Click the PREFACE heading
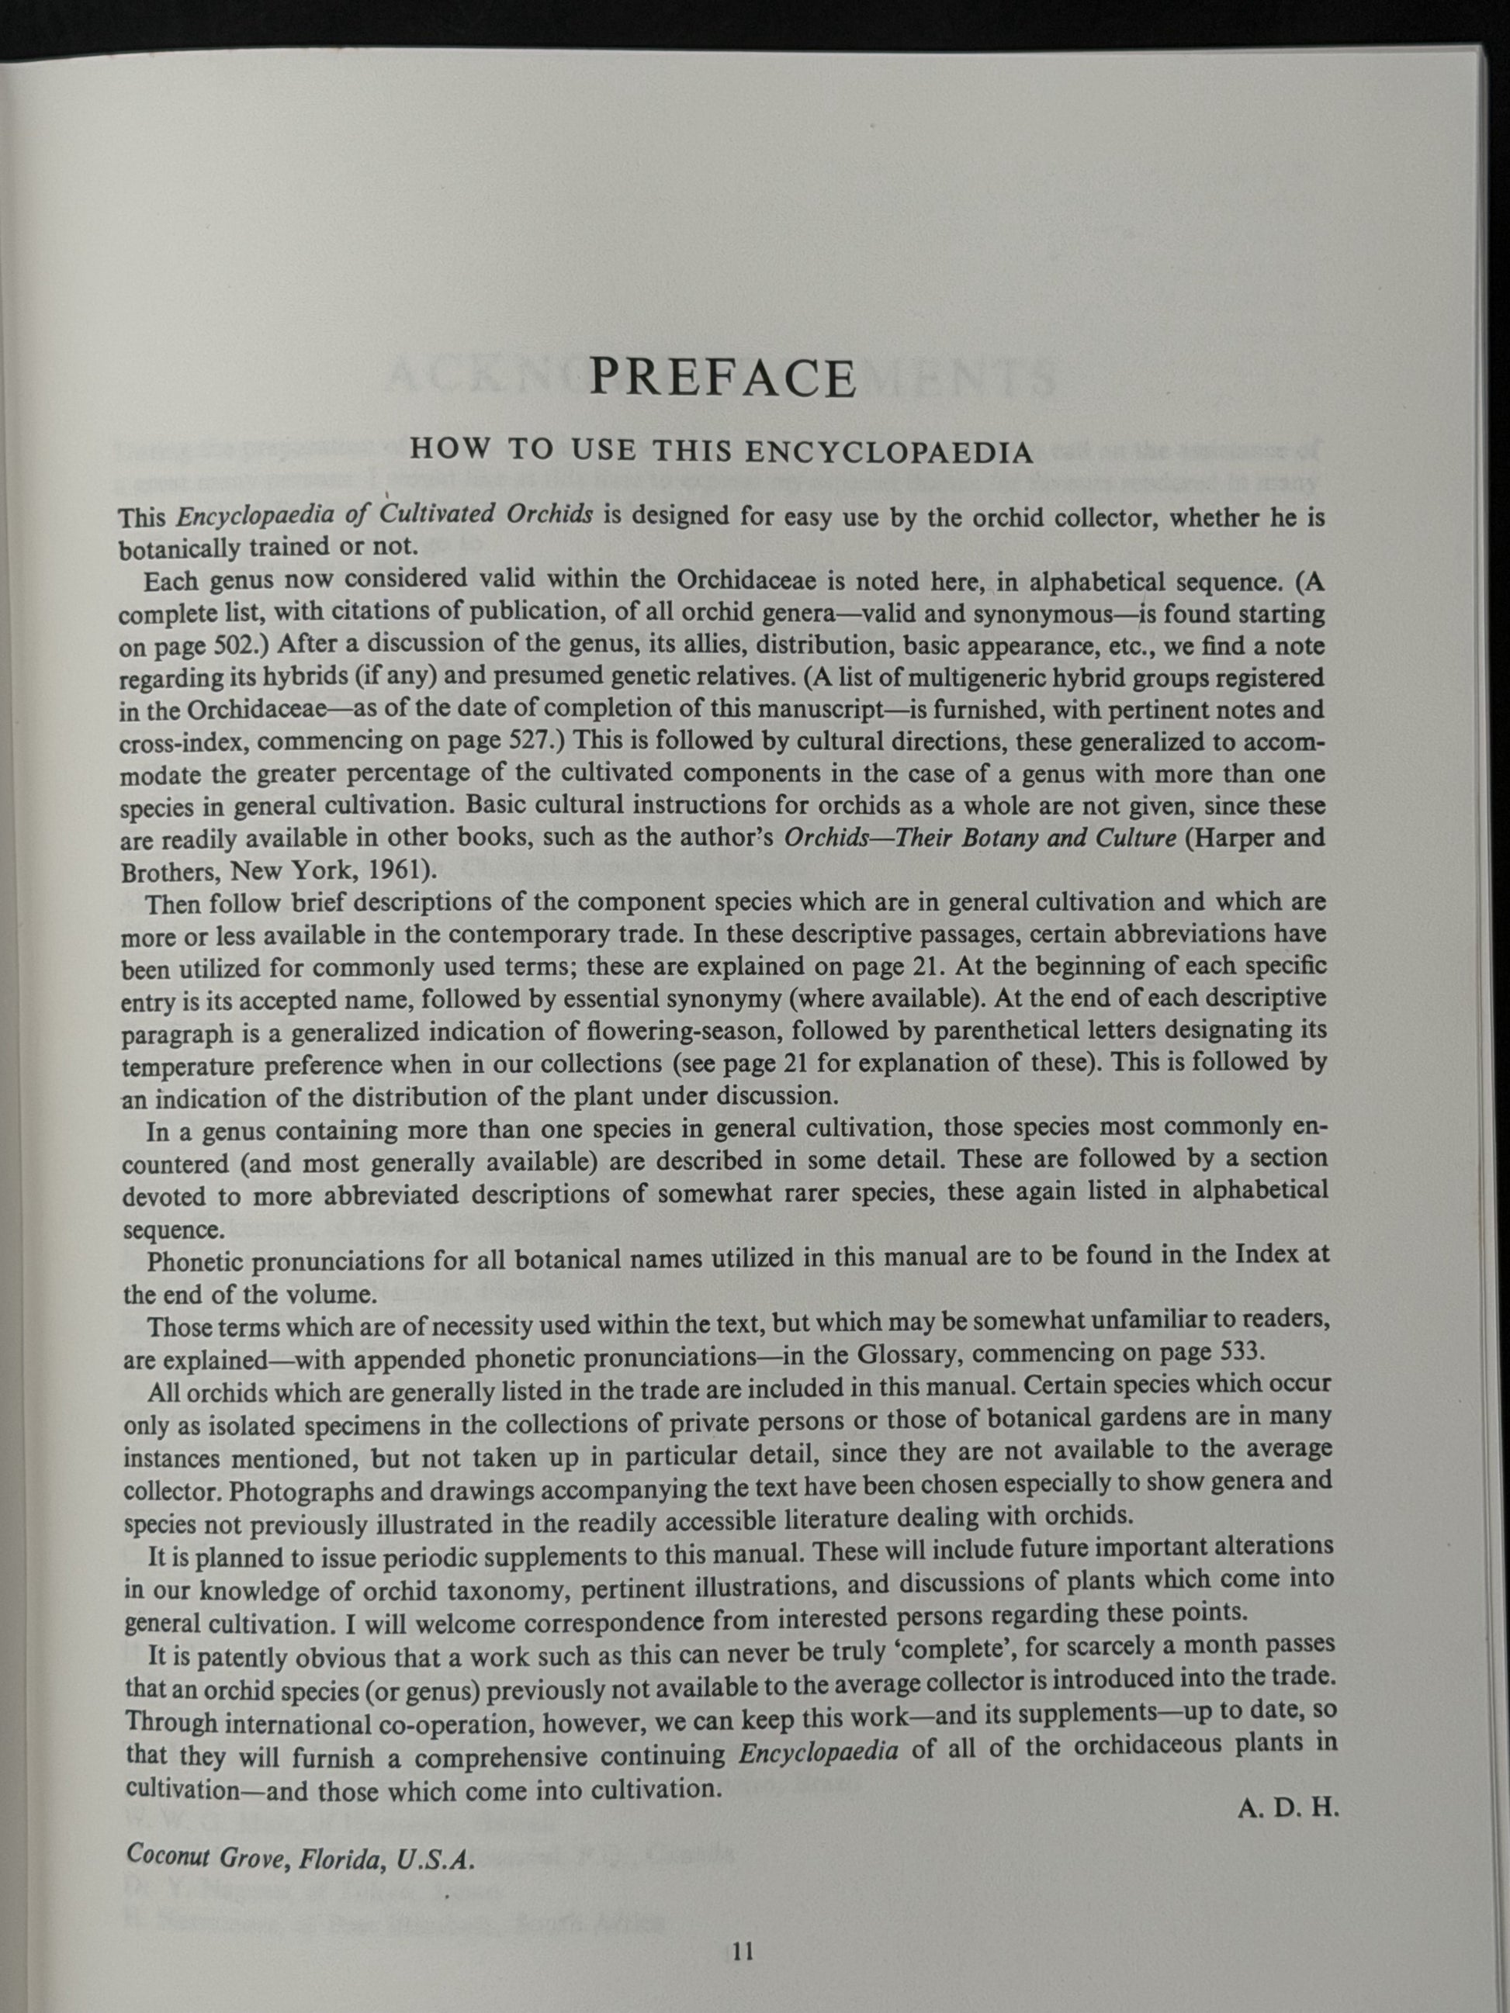pos(722,377)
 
